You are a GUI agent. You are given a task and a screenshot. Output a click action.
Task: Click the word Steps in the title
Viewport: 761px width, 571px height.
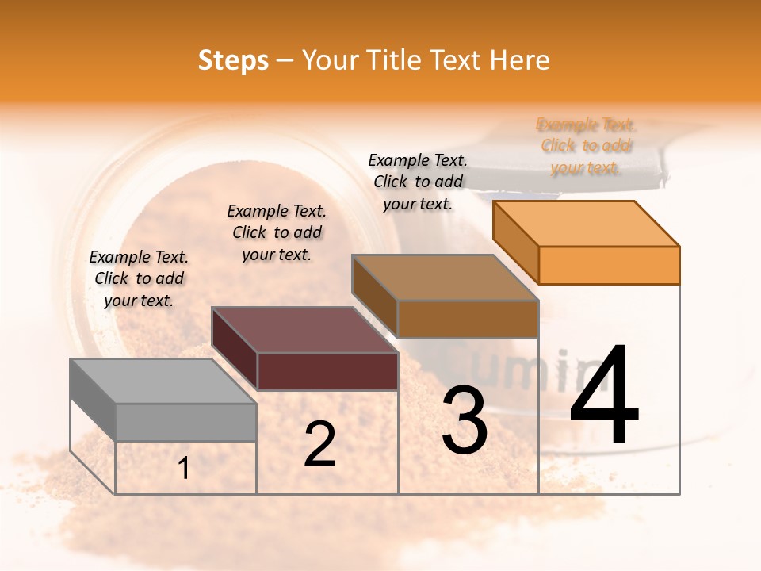[x=233, y=60]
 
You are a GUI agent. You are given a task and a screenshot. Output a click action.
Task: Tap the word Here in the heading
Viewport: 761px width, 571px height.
[x=519, y=60]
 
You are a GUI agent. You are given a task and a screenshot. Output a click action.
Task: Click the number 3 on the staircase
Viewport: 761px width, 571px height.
[x=465, y=420]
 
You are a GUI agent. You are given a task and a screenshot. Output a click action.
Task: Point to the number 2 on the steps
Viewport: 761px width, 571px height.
[x=319, y=444]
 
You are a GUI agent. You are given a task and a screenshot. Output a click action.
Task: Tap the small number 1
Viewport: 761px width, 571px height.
[x=184, y=469]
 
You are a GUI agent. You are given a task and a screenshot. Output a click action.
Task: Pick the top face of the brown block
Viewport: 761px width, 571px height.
[x=445, y=278]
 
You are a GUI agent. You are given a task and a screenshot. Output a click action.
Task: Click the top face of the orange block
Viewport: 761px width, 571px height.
[x=586, y=223]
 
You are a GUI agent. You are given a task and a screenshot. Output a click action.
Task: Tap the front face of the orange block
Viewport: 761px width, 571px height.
[x=609, y=265]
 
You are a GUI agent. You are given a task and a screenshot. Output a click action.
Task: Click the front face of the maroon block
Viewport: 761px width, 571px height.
[x=327, y=371]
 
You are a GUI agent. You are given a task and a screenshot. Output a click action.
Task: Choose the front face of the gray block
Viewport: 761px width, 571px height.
[x=185, y=422]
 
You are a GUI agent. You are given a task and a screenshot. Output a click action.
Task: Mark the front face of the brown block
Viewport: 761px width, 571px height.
[x=468, y=319]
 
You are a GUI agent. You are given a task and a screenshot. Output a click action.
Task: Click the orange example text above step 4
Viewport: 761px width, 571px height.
[x=587, y=146]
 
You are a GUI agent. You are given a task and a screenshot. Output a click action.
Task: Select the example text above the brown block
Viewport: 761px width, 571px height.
[x=418, y=182]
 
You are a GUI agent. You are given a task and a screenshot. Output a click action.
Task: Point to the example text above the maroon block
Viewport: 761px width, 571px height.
[x=277, y=232]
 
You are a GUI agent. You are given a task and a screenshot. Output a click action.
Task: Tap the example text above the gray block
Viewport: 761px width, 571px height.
[x=139, y=278]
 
